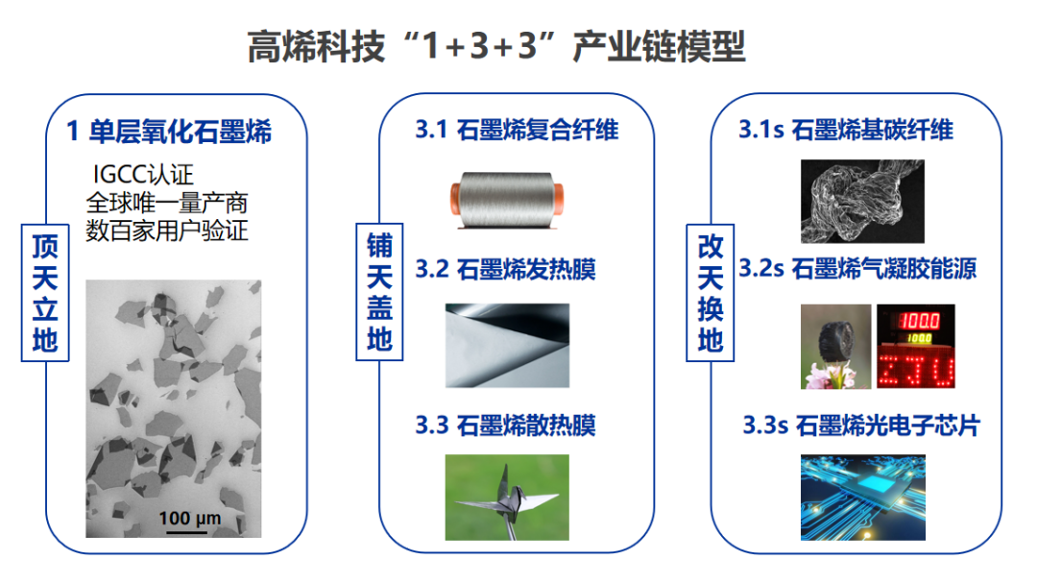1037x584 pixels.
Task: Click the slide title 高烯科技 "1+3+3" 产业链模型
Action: pyautogui.click(x=495, y=45)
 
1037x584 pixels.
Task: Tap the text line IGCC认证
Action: pyautogui.click(x=143, y=176)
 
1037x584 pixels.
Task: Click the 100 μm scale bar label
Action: pyautogui.click(x=190, y=519)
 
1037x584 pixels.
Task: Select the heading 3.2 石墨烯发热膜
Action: pyautogui.click(x=505, y=269)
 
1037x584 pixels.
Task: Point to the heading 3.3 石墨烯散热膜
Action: pyautogui.click(x=505, y=425)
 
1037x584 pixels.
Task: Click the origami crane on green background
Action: pyautogui.click(x=507, y=497)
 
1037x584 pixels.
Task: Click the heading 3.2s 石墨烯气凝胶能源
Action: pyautogui.click(x=856, y=269)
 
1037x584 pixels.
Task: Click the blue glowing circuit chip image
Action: pyautogui.click(x=862, y=497)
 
